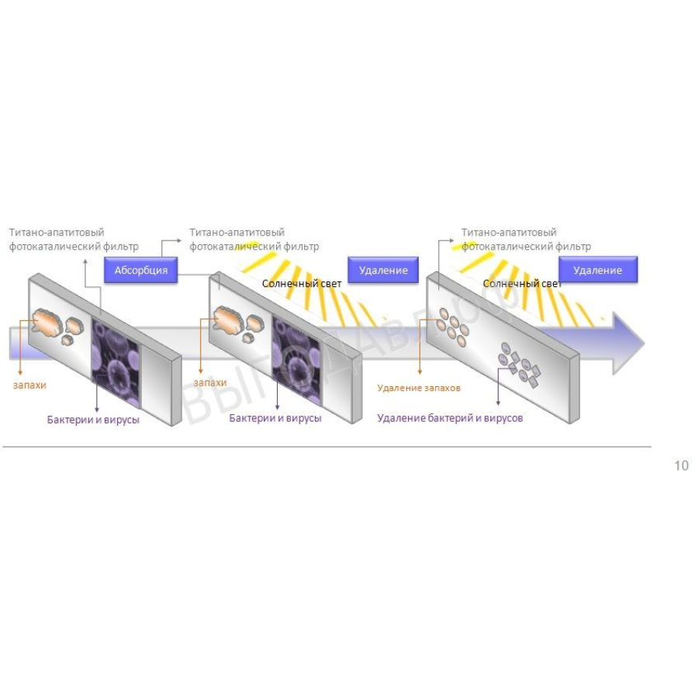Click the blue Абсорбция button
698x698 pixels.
point(140,270)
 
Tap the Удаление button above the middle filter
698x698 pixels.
point(383,270)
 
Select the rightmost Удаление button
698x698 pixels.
point(598,270)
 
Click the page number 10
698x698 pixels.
point(682,465)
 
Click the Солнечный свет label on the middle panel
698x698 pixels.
point(302,284)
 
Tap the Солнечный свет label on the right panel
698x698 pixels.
point(522,284)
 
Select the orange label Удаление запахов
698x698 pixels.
point(419,388)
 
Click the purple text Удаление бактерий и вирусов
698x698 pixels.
point(450,418)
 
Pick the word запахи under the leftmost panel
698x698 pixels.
point(29,385)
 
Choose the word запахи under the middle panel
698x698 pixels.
point(209,383)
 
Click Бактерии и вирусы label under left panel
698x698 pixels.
point(93,420)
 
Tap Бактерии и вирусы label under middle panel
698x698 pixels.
point(275,418)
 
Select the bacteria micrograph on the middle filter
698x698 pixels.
point(297,361)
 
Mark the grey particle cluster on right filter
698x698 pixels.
point(520,365)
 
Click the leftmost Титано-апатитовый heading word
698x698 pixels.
point(57,233)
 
